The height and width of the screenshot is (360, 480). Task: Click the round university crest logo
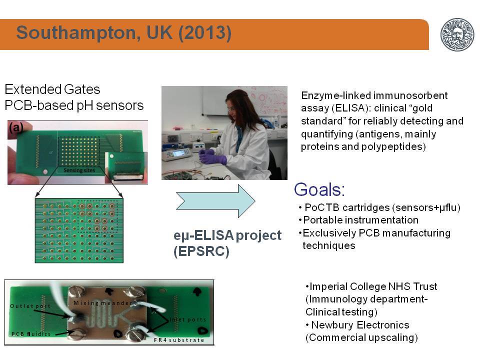tap(457, 34)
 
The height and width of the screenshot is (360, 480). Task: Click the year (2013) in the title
tap(204, 32)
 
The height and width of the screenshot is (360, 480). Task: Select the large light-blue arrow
tap(215, 201)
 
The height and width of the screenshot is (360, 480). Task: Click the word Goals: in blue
tap(319, 189)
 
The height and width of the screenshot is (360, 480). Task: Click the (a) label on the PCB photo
tap(16, 127)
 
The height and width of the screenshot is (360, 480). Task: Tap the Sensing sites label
tap(79, 170)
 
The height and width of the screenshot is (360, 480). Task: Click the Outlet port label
tap(30, 306)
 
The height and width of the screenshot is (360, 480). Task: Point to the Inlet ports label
tap(187, 319)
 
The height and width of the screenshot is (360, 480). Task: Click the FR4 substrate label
tap(179, 340)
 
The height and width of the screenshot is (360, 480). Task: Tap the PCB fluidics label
tap(31, 334)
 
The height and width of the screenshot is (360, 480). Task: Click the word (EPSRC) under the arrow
tap(201, 251)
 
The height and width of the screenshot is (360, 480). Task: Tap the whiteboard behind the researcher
tap(244, 100)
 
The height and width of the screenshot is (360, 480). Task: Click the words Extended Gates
tap(52, 89)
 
